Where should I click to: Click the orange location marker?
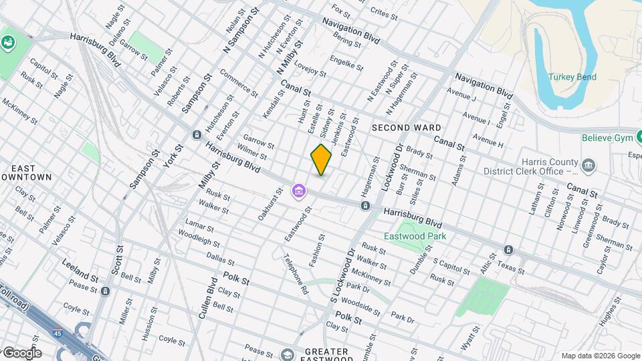pos(321,159)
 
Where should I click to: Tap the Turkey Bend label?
pos(572,77)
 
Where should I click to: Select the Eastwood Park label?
pos(415,236)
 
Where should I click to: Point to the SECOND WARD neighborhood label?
pos(406,127)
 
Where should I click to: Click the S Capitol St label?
pos(447,265)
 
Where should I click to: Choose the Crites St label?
pos(384,12)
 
